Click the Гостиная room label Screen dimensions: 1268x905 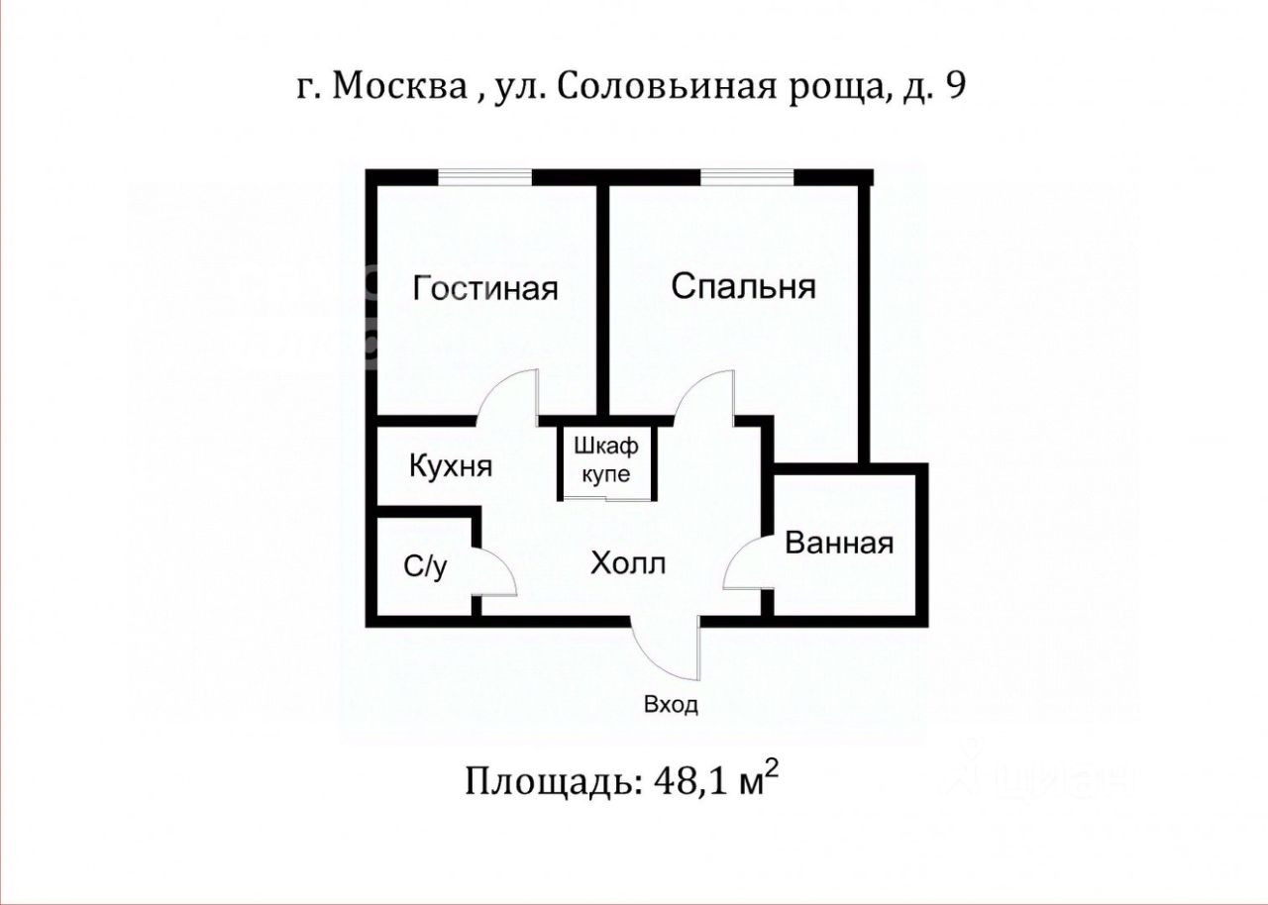[x=485, y=289]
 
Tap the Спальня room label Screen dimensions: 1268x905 [x=743, y=287]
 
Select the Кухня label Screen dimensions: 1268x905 [x=451, y=466]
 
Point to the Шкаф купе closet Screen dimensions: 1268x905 [x=606, y=460]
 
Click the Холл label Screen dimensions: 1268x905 [x=628, y=564]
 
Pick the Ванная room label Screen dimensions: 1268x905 [x=839, y=543]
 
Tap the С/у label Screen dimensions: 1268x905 [x=425, y=566]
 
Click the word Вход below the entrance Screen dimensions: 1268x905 [x=672, y=706]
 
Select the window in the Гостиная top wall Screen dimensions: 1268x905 [x=485, y=177]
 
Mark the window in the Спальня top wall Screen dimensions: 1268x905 [x=747, y=177]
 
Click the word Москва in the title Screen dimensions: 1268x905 [x=400, y=87]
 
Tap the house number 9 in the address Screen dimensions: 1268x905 [x=955, y=87]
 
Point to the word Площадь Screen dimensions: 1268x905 [x=547, y=782]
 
